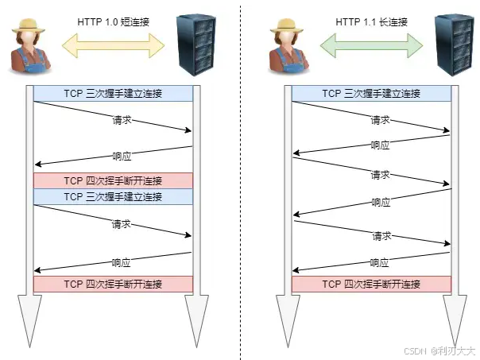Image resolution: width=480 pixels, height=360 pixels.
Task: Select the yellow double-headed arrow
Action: click(x=113, y=45)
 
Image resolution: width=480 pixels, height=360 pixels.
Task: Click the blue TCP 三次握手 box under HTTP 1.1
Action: click(x=371, y=94)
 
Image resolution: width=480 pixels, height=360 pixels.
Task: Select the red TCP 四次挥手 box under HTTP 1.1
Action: click(x=371, y=284)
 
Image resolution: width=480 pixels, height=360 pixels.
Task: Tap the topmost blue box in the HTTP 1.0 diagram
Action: click(x=113, y=94)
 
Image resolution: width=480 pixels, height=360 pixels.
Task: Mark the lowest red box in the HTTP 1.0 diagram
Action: click(x=113, y=284)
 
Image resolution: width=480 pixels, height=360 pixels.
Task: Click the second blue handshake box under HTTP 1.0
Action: click(x=113, y=196)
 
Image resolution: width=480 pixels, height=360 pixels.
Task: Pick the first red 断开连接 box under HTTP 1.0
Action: click(x=113, y=180)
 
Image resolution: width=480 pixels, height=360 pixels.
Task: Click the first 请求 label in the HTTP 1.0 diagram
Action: click(x=122, y=121)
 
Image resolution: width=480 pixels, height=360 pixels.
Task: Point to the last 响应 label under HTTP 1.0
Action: click(x=122, y=261)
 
